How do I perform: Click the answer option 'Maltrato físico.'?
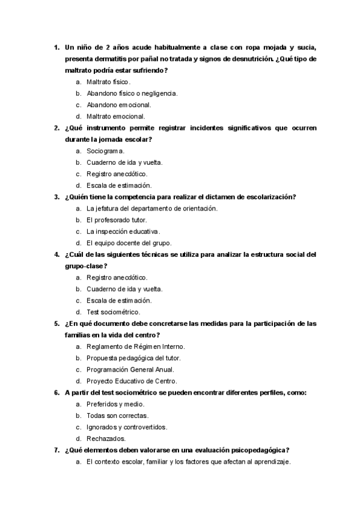point(108,82)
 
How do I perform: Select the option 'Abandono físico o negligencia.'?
point(132,93)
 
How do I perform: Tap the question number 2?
point(56,128)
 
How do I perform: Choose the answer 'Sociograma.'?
point(105,151)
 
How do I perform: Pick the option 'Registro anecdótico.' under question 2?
point(117,174)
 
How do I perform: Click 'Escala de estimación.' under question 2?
point(119,185)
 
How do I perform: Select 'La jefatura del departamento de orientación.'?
point(151,208)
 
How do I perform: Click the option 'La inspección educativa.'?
point(123,231)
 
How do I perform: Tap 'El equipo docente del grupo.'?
point(129,243)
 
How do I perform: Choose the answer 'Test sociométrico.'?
point(113,312)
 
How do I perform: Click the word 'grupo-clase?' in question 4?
point(86,266)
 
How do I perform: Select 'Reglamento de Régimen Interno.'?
point(135,346)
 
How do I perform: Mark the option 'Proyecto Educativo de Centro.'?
point(132,381)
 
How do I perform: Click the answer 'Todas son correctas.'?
point(117,416)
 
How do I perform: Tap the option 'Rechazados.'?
point(106,438)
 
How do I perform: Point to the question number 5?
point(56,324)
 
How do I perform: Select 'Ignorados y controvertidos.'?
point(127,427)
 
